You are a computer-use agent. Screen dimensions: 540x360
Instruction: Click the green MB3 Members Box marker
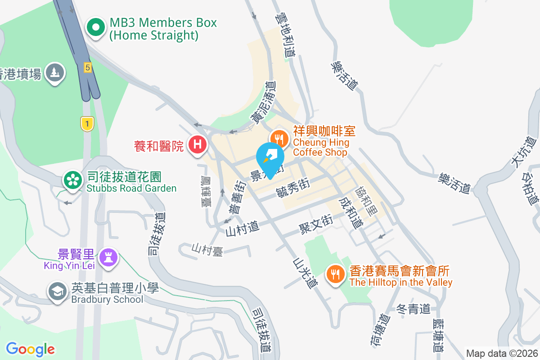96,28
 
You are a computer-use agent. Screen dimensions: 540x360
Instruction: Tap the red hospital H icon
197,145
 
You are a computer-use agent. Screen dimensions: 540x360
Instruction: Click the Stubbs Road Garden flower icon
72,180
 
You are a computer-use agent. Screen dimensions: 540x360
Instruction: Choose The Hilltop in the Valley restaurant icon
335,273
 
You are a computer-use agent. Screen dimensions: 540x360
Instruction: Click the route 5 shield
87,67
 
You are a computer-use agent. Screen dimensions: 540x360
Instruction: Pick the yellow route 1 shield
87,123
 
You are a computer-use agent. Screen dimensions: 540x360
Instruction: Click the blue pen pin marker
270,158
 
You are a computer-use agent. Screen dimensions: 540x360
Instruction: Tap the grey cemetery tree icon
55,73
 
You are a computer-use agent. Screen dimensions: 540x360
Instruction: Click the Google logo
30,349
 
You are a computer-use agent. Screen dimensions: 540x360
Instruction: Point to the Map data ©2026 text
501,353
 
